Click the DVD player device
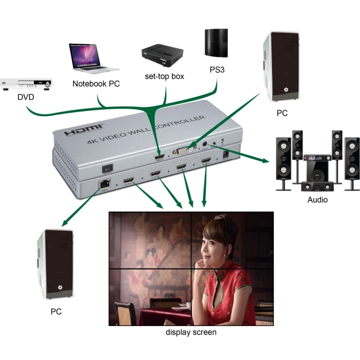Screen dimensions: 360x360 pyautogui.click(x=27, y=83)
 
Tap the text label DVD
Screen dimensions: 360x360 pyautogui.click(x=26, y=97)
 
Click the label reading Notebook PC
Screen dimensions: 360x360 pyautogui.click(x=96, y=84)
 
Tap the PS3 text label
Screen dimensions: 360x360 pyautogui.click(x=219, y=70)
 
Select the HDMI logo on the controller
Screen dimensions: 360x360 pyautogui.click(x=84, y=129)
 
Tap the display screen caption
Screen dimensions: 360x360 pyautogui.click(x=191, y=332)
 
